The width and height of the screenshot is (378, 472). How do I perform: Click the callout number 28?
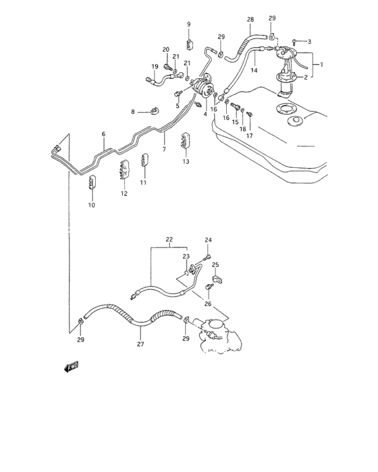(250, 20)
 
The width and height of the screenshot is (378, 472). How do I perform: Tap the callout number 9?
(189, 25)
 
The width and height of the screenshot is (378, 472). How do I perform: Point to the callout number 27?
(140, 344)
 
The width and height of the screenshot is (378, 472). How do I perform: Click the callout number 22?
(169, 239)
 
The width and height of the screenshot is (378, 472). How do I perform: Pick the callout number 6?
(103, 135)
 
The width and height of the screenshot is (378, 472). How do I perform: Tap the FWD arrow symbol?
(72, 366)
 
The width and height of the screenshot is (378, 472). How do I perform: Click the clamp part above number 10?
(94, 183)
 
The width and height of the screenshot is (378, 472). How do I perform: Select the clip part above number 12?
(124, 172)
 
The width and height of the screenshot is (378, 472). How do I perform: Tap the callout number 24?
(208, 241)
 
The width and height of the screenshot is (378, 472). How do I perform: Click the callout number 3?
(310, 42)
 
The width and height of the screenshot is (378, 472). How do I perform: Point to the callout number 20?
(165, 50)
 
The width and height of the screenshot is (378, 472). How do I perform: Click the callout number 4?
(205, 114)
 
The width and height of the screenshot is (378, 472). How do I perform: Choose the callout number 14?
(255, 70)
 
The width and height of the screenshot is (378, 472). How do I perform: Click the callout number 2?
(305, 78)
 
